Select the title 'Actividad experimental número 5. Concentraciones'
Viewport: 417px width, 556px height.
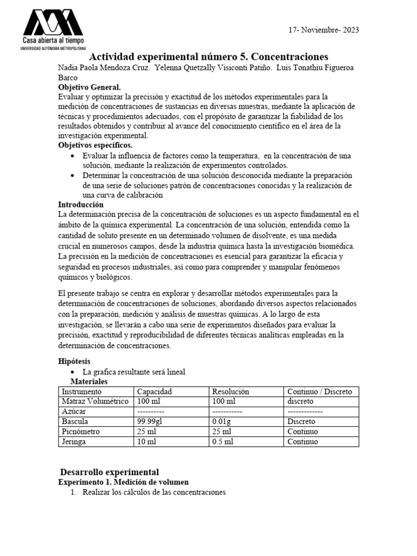[x=208, y=56]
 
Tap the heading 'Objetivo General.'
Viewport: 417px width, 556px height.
[x=90, y=87]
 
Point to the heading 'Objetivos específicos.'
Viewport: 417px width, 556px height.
[x=95, y=146]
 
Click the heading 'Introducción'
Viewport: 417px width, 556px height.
[x=80, y=204]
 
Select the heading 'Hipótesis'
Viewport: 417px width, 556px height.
[x=74, y=361]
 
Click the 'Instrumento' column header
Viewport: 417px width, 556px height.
[x=81, y=391]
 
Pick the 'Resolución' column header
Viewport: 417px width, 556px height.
[x=230, y=391]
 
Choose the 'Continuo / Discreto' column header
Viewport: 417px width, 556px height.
[x=319, y=391]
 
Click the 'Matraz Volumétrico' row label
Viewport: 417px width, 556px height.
[x=95, y=401]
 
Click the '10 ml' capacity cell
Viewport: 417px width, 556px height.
[x=146, y=441]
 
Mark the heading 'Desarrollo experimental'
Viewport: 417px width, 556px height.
[x=109, y=472]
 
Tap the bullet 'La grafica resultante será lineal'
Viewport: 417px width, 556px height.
[x=134, y=372]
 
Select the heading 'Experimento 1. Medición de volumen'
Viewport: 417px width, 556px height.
[x=123, y=482]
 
